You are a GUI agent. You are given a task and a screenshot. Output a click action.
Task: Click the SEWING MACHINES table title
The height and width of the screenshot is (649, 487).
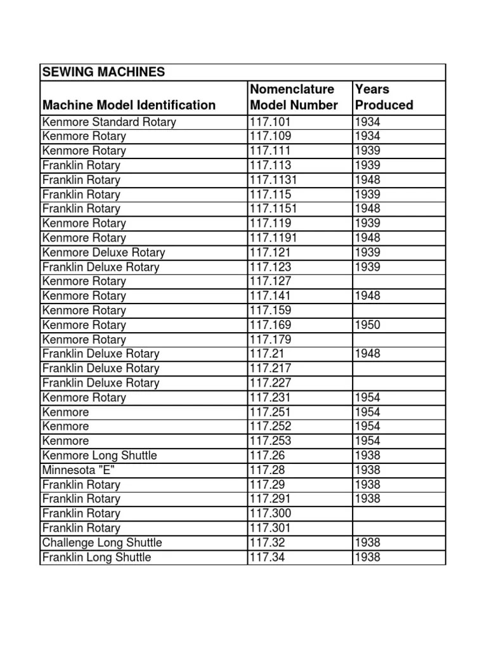pyautogui.click(x=103, y=72)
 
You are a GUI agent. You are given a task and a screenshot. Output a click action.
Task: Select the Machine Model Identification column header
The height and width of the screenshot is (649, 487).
pyautogui.click(x=129, y=105)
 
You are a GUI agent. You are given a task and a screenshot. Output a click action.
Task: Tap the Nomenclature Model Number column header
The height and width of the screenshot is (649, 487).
pyautogui.click(x=294, y=97)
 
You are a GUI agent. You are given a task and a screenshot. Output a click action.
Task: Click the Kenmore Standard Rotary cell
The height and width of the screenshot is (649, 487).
pyautogui.click(x=109, y=122)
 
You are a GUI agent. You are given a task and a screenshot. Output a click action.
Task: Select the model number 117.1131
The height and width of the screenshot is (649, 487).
pyautogui.click(x=274, y=180)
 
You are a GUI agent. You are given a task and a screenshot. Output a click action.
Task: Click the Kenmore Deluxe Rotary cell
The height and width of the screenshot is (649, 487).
pyautogui.click(x=103, y=252)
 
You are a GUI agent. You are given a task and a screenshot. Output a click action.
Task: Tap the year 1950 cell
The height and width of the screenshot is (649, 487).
pyautogui.click(x=368, y=325)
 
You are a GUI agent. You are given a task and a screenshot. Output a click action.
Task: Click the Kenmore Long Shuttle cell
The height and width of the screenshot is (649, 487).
pyautogui.click(x=100, y=456)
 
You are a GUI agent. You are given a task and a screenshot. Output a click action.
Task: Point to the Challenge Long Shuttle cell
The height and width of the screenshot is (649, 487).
pyautogui.click(x=102, y=543)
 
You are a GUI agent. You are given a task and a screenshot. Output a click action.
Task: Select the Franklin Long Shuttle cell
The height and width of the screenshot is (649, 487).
pyautogui.click(x=97, y=557)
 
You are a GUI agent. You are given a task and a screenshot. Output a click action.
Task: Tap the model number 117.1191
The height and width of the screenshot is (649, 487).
pyautogui.click(x=274, y=238)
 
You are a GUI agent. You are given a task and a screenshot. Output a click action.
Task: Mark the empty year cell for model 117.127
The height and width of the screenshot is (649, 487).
pyautogui.click(x=398, y=281)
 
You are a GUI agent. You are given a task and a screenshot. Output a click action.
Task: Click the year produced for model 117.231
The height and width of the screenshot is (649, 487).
pyautogui.click(x=368, y=397)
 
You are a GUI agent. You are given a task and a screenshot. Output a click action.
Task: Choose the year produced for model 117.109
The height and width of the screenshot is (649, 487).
pyautogui.click(x=368, y=136)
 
